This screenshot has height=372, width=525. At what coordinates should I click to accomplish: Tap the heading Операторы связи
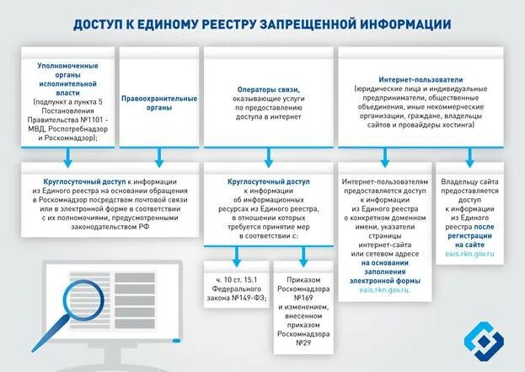click(x=269, y=89)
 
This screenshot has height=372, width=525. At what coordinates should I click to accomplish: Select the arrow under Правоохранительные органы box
click(x=159, y=156)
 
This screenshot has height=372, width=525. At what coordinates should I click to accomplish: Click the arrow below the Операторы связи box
click(x=269, y=156)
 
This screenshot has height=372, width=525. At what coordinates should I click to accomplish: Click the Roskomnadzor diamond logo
click(x=485, y=339)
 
